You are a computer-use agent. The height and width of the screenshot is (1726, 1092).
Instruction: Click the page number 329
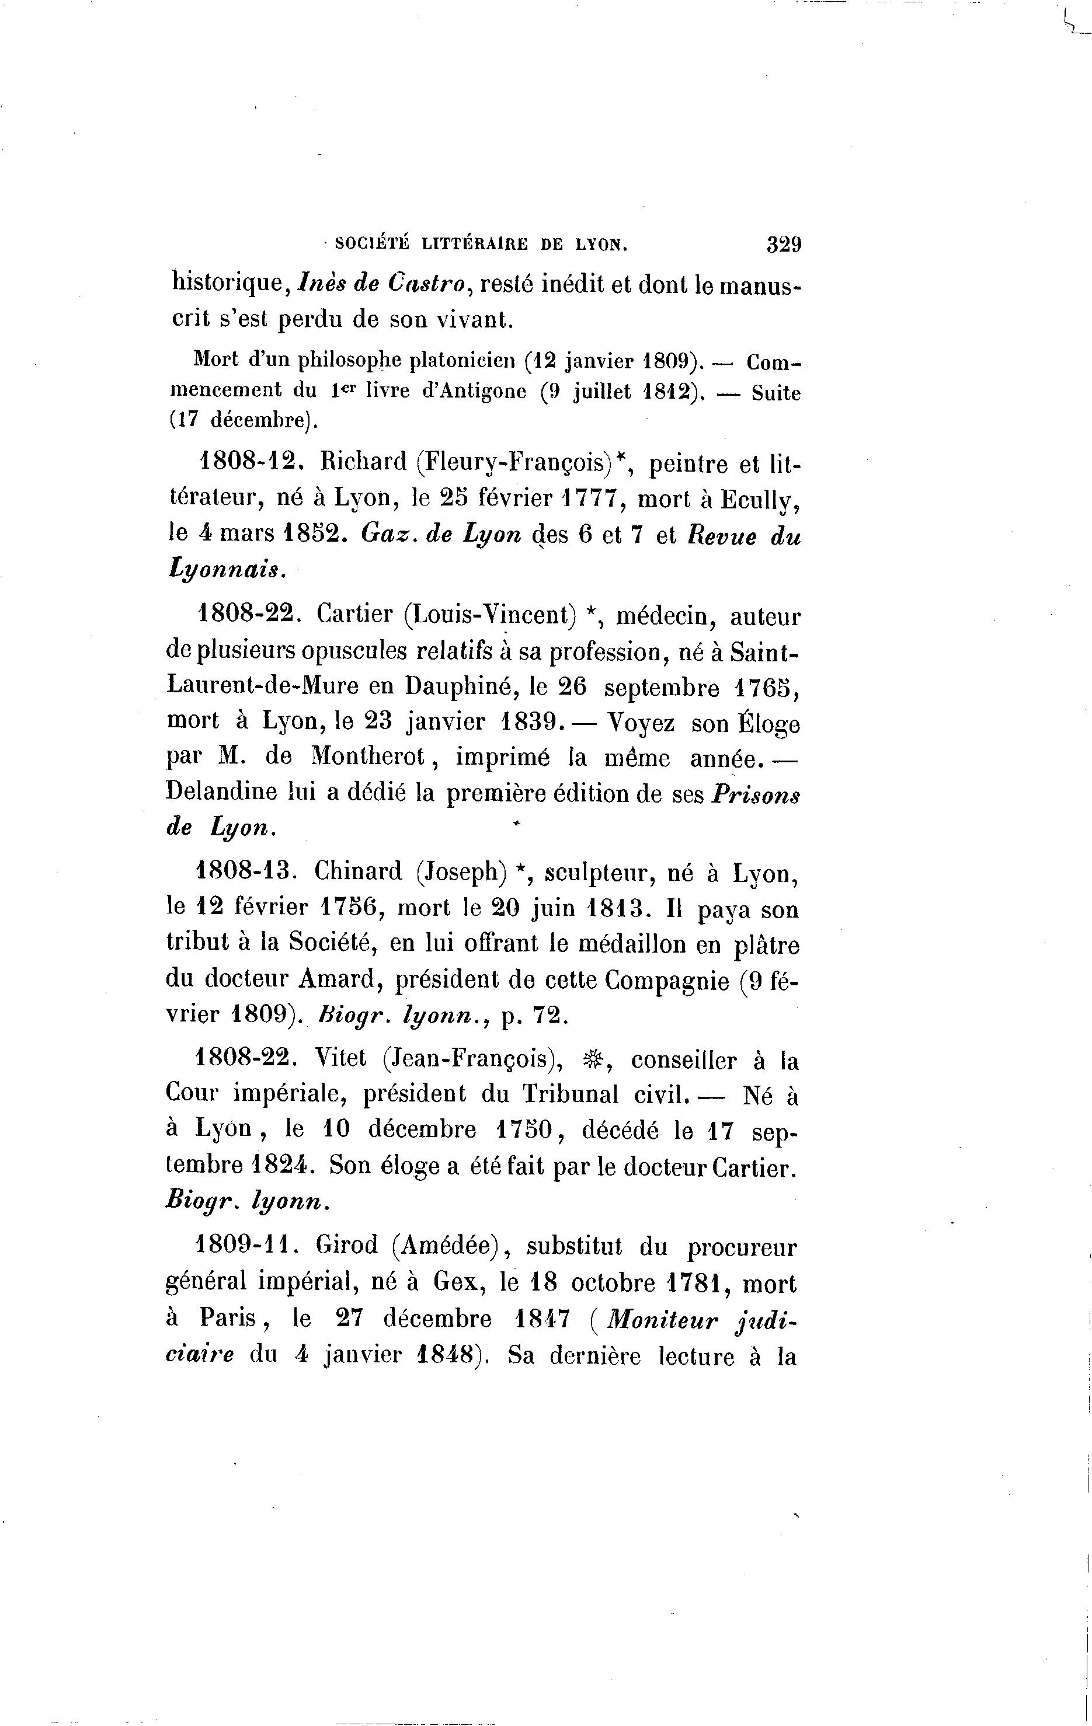pyautogui.click(x=783, y=245)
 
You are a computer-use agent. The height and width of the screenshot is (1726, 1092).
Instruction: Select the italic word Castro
pyautogui.click(x=429, y=284)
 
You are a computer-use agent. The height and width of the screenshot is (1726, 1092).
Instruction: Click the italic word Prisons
pyautogui.click(x=756, y=794)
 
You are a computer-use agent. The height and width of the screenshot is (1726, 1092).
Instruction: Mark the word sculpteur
pyautogui.click(x=597, y=874)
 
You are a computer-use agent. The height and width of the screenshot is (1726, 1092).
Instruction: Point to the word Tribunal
pyautogui.click(x=570, y=1094)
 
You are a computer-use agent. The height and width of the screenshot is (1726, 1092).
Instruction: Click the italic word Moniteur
pyautogui.click(x=661, y=1320)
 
